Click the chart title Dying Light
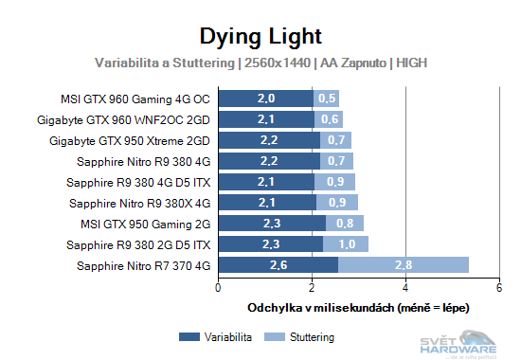[260, 36]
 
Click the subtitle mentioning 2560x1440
[260, 63]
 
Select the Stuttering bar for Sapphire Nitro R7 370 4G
[403, 265]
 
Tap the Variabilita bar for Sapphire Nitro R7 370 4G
[278, 265]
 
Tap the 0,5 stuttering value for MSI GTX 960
[327, 99]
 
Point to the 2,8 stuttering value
[403, 265]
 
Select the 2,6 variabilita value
[278, 265]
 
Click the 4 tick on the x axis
[405, 287]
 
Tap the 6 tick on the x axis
[498, 287]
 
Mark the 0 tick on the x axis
[219, 287]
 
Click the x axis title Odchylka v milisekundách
[358, 308]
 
